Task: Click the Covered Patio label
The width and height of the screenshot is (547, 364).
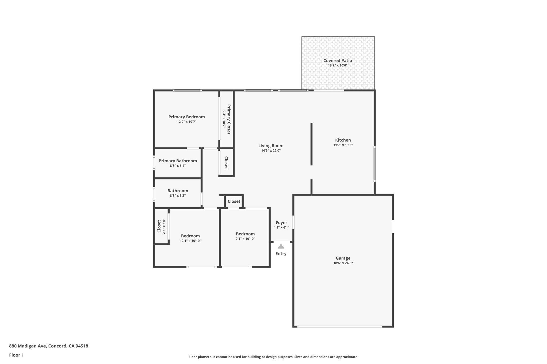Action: click(338, 61)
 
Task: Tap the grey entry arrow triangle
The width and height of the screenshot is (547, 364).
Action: click(281, 246)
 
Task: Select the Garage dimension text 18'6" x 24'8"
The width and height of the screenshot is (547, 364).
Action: click(343, 263)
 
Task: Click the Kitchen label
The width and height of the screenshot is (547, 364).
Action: click(343, 140)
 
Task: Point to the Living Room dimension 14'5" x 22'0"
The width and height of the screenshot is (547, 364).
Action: click(271, 151)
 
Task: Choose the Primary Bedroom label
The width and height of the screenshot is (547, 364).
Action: click(186, 117)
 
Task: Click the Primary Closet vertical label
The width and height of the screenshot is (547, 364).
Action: click(229, 119)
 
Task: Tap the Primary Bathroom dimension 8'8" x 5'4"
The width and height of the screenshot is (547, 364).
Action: click(178, 166)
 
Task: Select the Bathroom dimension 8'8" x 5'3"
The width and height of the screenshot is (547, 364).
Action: click(178, 195)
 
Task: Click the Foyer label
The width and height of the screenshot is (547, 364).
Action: click(281, 223)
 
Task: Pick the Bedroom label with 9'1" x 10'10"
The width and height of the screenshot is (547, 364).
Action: click(245, 234)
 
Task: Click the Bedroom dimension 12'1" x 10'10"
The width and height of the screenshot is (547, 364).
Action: click(190, 241)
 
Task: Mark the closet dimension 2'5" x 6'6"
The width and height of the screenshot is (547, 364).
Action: click(164, 226)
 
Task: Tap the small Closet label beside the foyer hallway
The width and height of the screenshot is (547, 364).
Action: click(234, 201)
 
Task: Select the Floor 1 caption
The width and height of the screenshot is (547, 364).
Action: click(16, 355)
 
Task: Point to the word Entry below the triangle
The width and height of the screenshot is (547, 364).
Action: click(281, 254)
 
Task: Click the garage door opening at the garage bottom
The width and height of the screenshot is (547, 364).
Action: click(339, 326)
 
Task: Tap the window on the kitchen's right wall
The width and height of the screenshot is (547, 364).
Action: click(374, 164)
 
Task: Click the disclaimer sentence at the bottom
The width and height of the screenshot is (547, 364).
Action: click(273, 357)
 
